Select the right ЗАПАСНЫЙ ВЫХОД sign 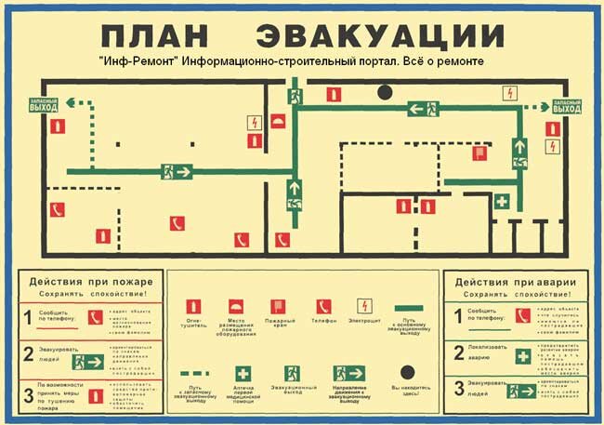click(x=567, y=107)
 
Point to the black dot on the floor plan click(x=383, y=91)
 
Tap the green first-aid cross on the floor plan click(x=503, y=201)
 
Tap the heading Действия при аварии click(x=518, y=281)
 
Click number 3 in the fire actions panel click(x=28, y=393)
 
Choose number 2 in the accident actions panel click(x=457, y=352)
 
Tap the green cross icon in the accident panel click(x=523, y=355)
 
